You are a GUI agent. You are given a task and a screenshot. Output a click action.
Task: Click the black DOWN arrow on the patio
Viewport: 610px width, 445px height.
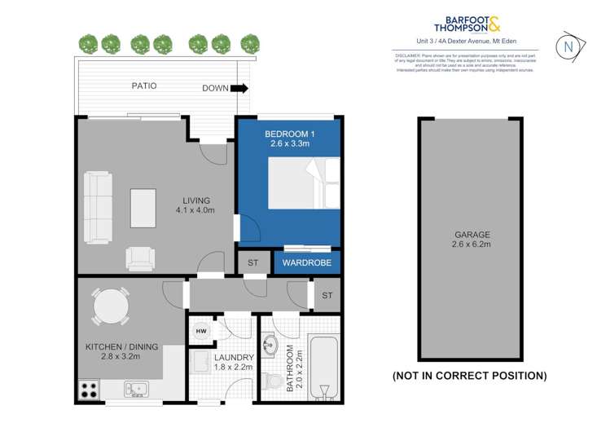pos(239,88)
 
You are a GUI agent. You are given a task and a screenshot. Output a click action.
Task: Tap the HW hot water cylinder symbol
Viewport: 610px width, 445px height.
pos(200,332)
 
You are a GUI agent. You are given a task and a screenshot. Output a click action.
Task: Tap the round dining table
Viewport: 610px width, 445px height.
pos(110,308)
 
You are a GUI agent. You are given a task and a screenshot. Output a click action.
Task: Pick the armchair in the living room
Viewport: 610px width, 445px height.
pos(139,258)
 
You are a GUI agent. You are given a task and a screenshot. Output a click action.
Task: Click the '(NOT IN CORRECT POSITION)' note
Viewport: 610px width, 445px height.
pos(470,376)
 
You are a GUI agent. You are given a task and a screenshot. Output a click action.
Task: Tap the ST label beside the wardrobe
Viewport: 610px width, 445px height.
pos(252,263)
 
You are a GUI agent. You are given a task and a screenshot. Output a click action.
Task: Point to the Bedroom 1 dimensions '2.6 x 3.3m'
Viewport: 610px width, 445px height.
pos(289,143)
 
